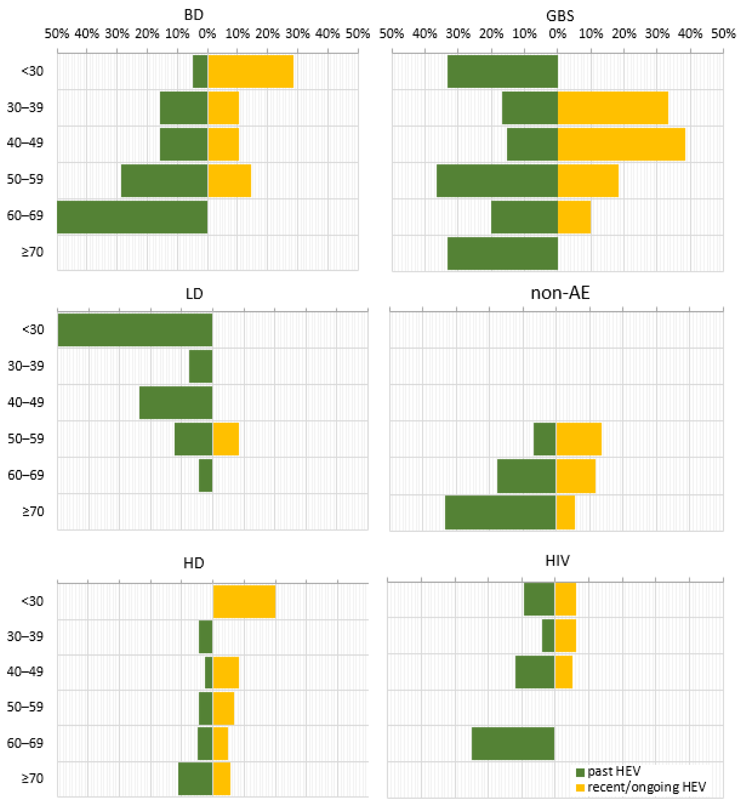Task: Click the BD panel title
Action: click(x=194, y=15)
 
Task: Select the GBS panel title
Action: click(x=560, y=16)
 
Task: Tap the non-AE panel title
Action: click(x=560, y=293)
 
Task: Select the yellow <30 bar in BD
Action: click(x=250, y=71)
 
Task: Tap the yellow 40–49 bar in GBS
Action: click(x=621, y=144)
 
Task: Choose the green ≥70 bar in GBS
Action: click(x=503, y=253)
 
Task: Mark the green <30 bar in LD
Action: click(x=135, y=330)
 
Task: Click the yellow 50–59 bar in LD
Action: click(x=226, y=439)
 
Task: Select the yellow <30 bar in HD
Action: click(x=244, y=601)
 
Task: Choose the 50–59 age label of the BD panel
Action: click(x=25, y=179)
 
